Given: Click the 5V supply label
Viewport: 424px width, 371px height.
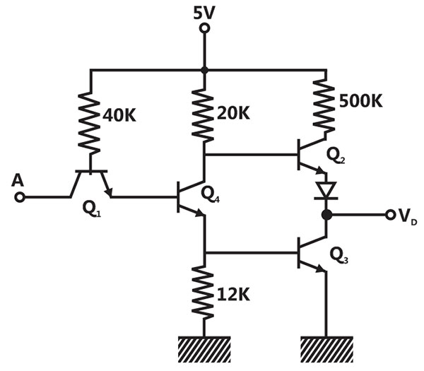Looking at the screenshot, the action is coord(204,13).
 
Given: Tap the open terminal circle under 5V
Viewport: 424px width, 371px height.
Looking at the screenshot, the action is coord(204,28).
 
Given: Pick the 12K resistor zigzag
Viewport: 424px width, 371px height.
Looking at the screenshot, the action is coord(204,292).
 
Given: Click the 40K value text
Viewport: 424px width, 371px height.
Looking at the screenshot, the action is coord(119,116).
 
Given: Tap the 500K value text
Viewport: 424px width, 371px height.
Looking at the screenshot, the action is coord(360,101).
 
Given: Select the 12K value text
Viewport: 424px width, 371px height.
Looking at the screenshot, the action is coord(233,294).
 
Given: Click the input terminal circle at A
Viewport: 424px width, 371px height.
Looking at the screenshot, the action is coord(20,197).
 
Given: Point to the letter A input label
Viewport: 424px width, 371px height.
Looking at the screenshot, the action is coord(18,181).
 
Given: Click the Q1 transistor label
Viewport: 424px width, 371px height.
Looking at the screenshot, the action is coord(91,209).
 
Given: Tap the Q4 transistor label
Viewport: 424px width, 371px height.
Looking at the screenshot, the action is coord(211,195).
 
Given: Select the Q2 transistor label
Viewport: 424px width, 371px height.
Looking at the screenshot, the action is coord(336,155).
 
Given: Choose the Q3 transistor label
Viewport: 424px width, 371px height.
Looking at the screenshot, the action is coord(339,256).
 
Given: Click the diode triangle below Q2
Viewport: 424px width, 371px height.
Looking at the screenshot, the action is coord(326,190).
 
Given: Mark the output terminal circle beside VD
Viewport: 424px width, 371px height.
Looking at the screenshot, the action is coord(390,215).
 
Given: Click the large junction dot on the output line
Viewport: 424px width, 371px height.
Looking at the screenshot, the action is coord(326,215).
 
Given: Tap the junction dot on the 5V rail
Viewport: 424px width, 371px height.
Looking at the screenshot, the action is coord(204,70).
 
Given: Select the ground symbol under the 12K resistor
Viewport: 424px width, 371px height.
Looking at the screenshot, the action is coord(204,349).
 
